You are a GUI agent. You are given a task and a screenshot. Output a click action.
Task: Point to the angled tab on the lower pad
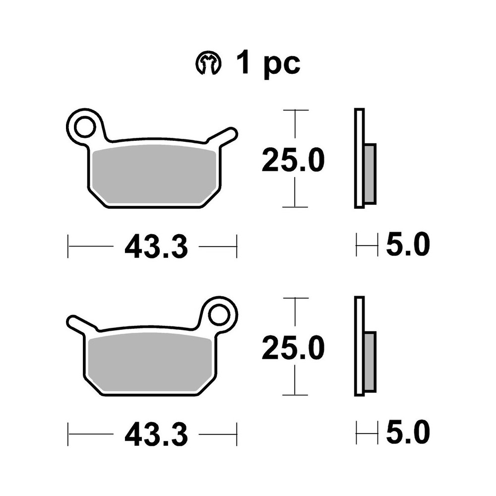[x=79, y=323]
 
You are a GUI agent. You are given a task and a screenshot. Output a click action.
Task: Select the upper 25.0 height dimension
[x=293, y=160]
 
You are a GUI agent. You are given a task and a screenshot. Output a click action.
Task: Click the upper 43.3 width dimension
[x=156, y=247]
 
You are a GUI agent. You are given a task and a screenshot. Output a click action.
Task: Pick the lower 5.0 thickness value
[x=407, y=433]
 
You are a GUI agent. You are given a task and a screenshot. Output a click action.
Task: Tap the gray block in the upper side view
[x=370, y=174]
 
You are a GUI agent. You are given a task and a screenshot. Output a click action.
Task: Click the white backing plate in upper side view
[x=359, y=158]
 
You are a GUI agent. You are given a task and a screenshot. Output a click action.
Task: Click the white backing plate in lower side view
[x=359, y=346]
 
